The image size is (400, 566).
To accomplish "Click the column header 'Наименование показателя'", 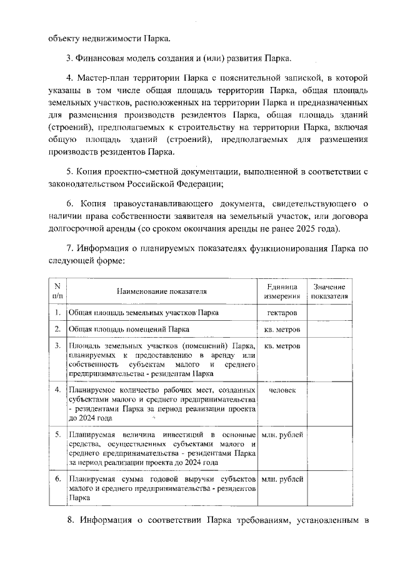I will point(162,291).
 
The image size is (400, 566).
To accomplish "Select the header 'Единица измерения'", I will point(281,291).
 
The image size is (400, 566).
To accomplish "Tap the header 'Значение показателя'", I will point(329,291).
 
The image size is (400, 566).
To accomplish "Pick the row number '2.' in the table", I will point(57,329).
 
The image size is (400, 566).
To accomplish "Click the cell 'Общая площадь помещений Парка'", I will point(129,329).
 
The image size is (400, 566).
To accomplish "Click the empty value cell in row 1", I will point(329,312).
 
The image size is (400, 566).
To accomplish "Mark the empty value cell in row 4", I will point(329,405).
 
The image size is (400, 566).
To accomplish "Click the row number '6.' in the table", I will point(57,479).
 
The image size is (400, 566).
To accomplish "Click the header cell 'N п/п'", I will point(57,291).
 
